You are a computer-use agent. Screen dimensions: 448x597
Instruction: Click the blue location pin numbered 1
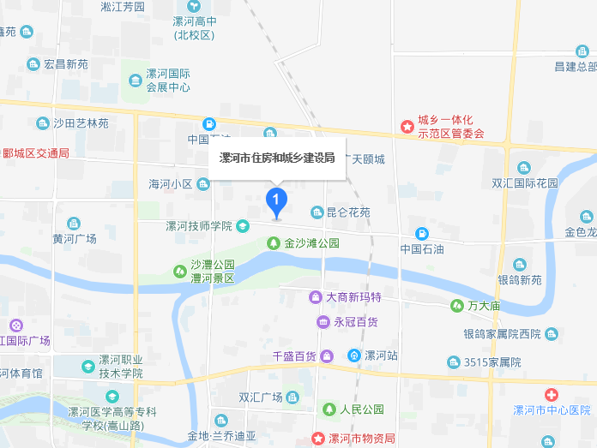point(275,201)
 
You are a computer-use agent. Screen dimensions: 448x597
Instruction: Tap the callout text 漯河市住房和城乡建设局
point(277,158)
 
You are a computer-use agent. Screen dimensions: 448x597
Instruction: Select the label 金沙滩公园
point(312,243)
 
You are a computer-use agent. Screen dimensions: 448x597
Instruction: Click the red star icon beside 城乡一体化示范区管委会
point(407,126)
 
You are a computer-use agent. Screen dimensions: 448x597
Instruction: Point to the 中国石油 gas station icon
point(421,234)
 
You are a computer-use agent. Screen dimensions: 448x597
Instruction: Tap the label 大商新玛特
point(353,297)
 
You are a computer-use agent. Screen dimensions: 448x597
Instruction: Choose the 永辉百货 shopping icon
point(323,322)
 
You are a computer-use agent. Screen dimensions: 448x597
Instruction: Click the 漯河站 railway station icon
point(353,355)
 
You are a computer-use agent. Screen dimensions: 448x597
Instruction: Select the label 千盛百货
point(294,355)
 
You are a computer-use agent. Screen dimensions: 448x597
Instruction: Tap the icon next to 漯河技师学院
point(243,226)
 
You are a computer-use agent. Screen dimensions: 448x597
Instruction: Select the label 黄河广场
point(74,238)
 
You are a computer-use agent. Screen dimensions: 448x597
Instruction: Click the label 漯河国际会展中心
point(168,80)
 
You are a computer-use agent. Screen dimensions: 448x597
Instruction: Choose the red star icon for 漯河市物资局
point(317,438)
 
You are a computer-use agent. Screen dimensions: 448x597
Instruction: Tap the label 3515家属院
point(493,361)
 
